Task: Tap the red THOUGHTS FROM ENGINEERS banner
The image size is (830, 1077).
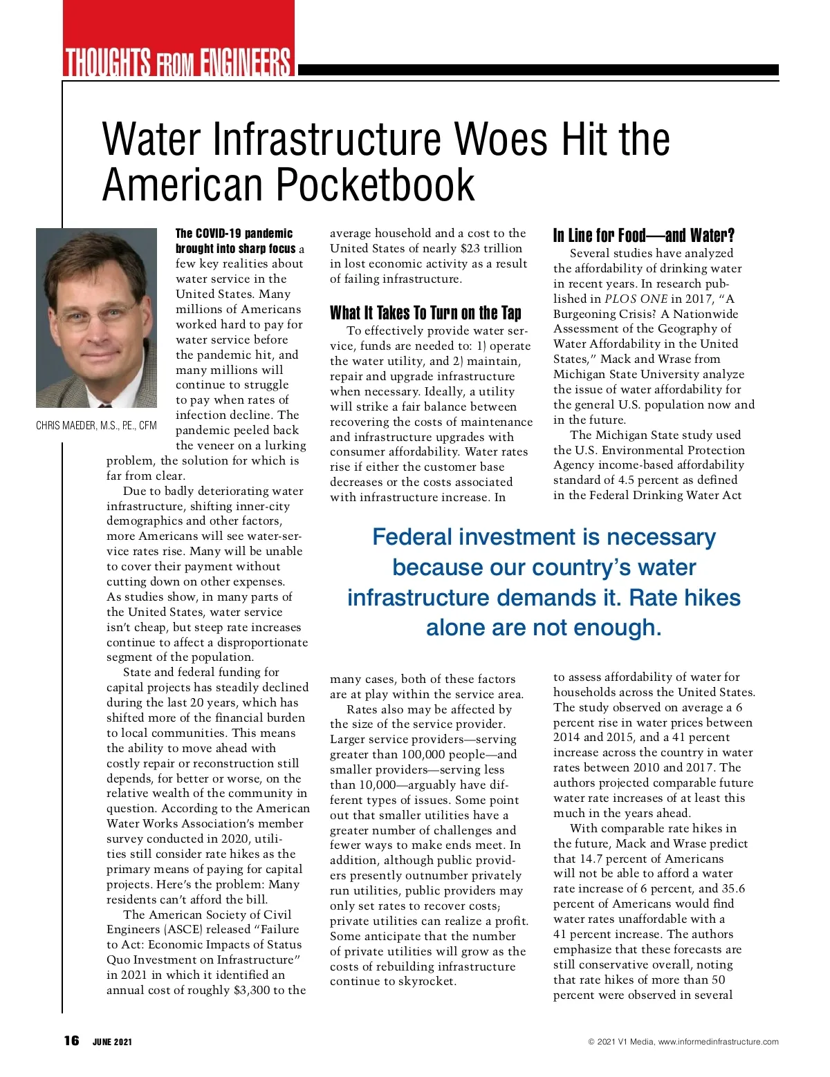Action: [178, 61]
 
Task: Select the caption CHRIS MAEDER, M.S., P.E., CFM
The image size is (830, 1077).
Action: [96, 425]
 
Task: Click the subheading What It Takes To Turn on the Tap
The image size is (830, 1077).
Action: [425, 313]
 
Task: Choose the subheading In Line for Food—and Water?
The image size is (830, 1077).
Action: [643, 236]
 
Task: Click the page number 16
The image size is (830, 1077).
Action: [71, 1041]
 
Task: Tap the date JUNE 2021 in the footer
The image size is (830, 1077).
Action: [112, 1042]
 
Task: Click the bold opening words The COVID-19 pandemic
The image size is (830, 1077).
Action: [234, 234]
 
